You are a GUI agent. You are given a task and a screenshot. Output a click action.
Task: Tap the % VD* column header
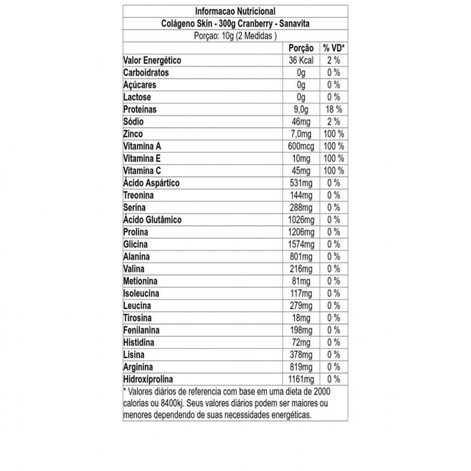click(333, 48)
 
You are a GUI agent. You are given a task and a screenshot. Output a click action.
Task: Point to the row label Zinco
click(134, 133)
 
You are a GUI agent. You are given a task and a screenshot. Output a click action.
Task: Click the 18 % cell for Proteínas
click(333, 109)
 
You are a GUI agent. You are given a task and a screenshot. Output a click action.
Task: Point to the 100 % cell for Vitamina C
click(333, 171)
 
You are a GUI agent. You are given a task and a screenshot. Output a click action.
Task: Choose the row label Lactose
click(136, 97)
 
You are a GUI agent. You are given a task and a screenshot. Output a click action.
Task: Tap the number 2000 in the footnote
click(323, 392)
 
